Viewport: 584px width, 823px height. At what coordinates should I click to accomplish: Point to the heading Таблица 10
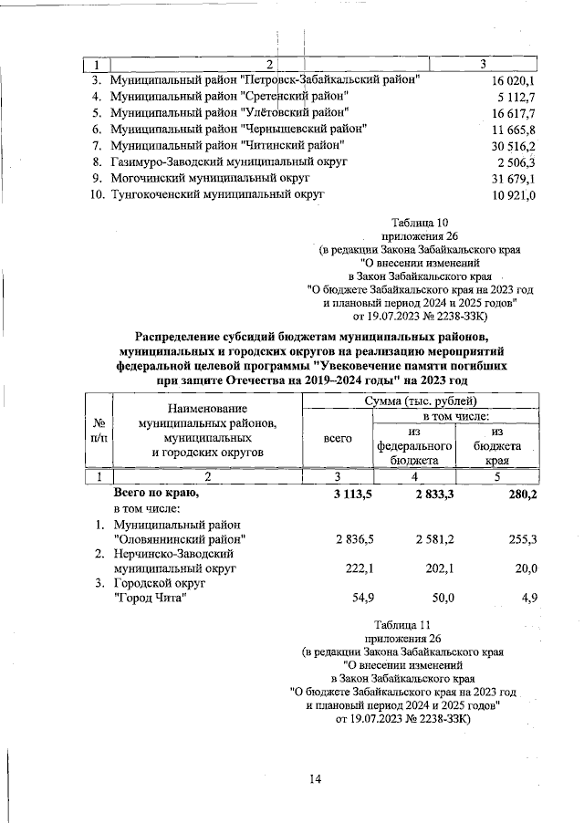click(420, 223)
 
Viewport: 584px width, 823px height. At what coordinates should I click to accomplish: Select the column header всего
click(338, 439)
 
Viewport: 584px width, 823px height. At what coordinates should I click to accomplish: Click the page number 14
click(315, 777)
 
